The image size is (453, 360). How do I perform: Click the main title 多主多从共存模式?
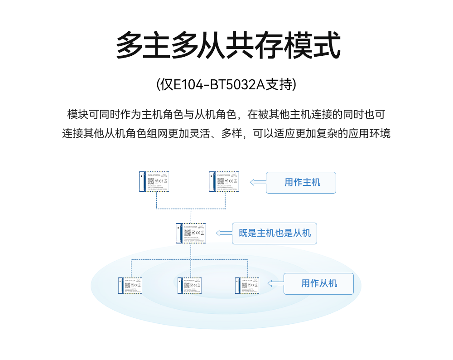(x=228, y=46)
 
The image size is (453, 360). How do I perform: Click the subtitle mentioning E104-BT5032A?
(x=226, y=85)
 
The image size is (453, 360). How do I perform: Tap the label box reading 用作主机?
(x=301, y=183)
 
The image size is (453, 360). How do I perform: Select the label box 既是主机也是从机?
(x=274, y=234)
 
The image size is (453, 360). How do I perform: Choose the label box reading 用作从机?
(x=318, y=284)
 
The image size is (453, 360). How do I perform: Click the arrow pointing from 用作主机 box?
(x=258, y=182)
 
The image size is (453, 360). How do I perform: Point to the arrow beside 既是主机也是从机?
(x=223, y=233)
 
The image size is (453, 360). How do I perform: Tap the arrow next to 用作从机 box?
(x=275, y=283)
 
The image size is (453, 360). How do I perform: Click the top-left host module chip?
(x=154, y=181)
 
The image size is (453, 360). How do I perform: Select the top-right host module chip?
(x=224, y=181)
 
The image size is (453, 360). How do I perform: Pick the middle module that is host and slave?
(x=191, y=233)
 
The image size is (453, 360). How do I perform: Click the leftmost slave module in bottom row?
(x=131, y=285)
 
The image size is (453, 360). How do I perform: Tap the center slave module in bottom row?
(x=190, y=285)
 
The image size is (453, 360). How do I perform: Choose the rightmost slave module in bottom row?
(x=247, y=285)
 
